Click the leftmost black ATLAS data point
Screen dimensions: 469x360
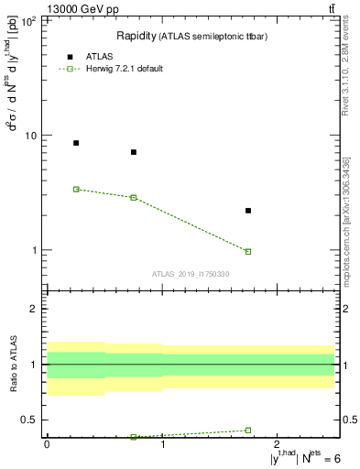point(76,143)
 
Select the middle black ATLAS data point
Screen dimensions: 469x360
point(134,152)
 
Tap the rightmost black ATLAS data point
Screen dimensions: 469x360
point(248,211)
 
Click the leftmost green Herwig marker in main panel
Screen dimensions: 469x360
point(76,189)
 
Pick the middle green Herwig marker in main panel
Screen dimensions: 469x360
point(134,198)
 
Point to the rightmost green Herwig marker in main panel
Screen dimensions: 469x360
point(248,251)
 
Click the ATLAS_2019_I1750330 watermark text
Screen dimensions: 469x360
point(191,274)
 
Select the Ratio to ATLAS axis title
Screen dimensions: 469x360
point(14,365)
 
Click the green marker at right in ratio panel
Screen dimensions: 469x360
point(248,430)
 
